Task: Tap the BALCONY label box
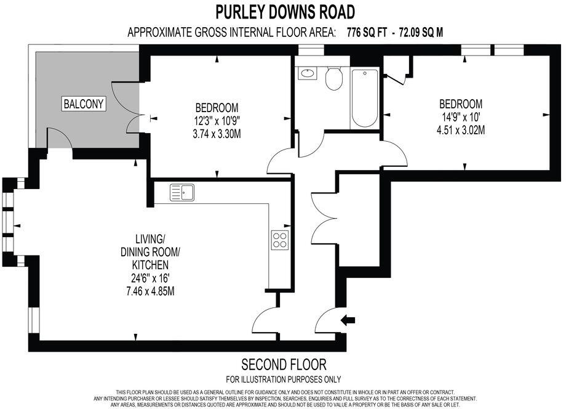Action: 84,104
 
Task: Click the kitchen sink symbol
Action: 183,192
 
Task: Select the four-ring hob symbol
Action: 280,239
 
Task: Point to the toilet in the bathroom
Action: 334,79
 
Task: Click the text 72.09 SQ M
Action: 421,33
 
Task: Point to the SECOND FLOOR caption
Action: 284,364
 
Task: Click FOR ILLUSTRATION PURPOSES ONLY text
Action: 284,379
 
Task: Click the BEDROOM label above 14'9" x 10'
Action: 461,103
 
